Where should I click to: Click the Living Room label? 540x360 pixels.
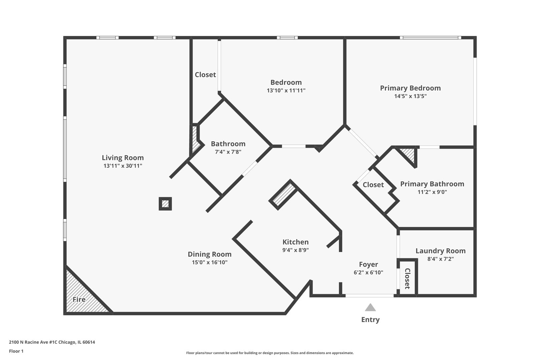click(x=123, y=158)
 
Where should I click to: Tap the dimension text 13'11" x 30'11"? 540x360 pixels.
click(x=123, y=166)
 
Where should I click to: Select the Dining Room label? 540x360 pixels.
click(x=209, y=254)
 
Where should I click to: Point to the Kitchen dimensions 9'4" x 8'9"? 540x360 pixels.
click(x=295, y=250)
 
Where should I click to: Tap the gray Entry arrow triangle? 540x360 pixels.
click(x=370, y=307)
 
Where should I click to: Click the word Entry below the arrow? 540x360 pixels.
click(x=370, y=320)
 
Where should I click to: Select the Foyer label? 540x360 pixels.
click(x=368, y=264)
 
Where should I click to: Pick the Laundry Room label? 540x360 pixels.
click(x=440, y=251)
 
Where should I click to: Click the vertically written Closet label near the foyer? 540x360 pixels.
click(x=407, y=278)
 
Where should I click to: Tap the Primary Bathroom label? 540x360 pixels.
click(x=432, y=184)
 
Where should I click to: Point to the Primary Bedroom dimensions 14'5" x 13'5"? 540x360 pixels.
click(x=410, y=96)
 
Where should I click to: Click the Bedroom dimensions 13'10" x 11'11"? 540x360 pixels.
click(x=286, y=90)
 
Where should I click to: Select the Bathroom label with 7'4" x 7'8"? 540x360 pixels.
click(x=228, y=144)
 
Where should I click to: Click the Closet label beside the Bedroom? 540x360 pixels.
click(x=205, y=75)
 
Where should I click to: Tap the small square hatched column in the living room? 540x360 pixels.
click(x=165, y=204)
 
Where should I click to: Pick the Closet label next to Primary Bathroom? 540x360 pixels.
click(x=373, y=185)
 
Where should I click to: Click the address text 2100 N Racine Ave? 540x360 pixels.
click(x=52, y=342)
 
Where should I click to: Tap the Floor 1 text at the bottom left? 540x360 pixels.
click(x=16, y=351)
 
